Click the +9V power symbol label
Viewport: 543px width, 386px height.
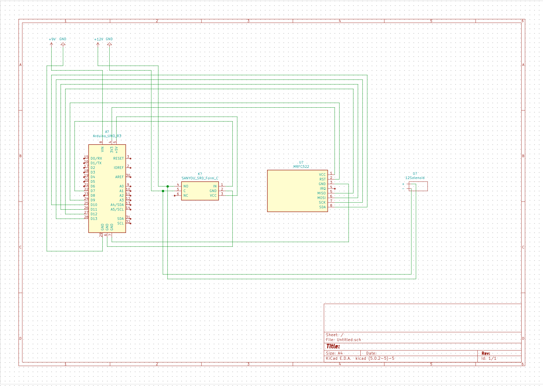click(52, 39)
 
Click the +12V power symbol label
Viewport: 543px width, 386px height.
click(98, 39)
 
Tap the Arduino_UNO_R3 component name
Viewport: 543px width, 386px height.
click(107, 136)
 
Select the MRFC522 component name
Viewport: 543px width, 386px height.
click(301, 166)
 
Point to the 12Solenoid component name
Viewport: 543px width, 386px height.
click(415, 178)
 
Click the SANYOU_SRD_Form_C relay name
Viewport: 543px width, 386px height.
click(200, 178)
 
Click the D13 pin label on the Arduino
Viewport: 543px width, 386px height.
click(94, 218)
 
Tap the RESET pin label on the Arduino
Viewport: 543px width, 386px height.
click(118, 158)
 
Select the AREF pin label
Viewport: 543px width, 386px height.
click(119, 177)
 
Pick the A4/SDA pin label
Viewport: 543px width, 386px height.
click(117, 205)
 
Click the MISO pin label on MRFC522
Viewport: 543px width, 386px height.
click(321, 193)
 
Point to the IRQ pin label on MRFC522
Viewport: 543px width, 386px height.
click(323, 188)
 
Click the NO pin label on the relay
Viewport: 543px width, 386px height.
click(186, 186)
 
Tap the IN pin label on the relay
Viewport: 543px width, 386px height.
click(215, 186)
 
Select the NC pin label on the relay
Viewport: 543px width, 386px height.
click(186, 196)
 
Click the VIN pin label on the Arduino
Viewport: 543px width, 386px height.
click(102, 149)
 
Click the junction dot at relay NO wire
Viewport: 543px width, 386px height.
click(168, 186)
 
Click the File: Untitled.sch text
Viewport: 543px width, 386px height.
click(343, 340)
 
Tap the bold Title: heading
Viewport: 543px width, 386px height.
click(333, 346)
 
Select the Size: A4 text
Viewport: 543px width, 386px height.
click(334, 353)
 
